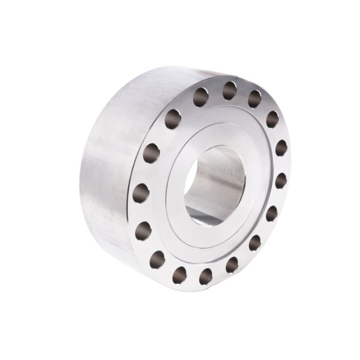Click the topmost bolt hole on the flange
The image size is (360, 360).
[x=230, y=90]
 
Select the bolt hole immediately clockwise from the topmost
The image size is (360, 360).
[x=254, y=98]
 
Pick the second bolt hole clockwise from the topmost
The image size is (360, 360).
[x=272, y=119]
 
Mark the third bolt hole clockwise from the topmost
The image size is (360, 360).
[x=281, y=148]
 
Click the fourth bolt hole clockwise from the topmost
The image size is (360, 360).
[x=280, y=180]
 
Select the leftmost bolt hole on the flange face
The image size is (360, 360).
[x=141, y=193]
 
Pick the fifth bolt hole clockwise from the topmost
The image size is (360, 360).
[x=271, y=213]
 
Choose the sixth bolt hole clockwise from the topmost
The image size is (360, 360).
[x=254, y=242]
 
